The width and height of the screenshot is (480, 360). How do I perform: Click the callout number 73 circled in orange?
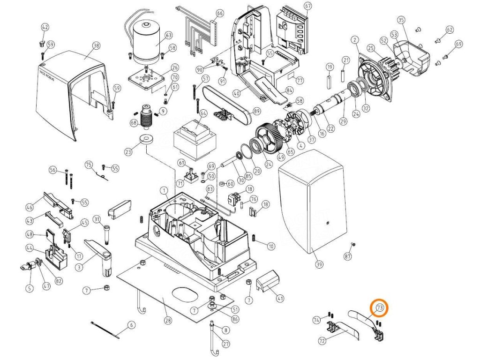coord(379,308)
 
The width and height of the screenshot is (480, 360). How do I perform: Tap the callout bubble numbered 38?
coord(97,46)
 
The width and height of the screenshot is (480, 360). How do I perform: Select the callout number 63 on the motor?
coord(168,35)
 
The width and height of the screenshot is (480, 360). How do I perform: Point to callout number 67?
coord(307,6)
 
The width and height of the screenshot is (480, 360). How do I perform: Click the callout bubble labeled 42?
coord(45,27)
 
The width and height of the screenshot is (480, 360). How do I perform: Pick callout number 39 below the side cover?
coord(319,265)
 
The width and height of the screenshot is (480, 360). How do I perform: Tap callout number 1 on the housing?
coord(164,190)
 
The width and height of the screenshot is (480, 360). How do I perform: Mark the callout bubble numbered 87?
coord(347,256)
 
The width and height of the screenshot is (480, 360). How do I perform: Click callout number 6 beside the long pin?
coord(131,325)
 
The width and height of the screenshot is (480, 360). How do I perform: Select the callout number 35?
coord(401,20)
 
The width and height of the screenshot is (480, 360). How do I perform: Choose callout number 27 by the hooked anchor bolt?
coord(226,345)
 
